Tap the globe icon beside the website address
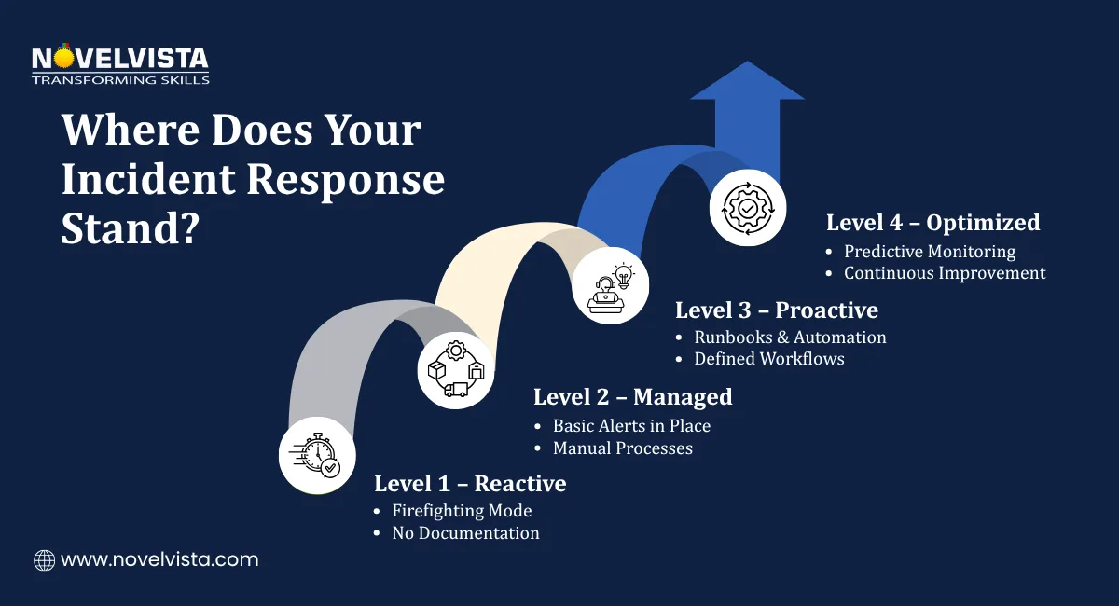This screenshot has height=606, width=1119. [44, 560]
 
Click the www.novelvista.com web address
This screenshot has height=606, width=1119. [159, 560]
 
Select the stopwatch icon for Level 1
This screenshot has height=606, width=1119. [315, 454]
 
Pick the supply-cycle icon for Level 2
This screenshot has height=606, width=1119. [455, 371]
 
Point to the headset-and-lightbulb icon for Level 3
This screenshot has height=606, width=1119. [610, 287]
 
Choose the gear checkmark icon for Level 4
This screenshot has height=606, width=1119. [747, 207]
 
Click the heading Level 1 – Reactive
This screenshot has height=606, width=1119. [470, 484]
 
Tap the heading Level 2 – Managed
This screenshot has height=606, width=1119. [632, 397]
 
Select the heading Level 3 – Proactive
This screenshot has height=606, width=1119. [777, 310]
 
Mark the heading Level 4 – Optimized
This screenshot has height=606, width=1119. [932, 223]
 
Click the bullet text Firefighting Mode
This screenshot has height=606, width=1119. [462, 511]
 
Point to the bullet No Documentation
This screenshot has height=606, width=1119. [465, 533]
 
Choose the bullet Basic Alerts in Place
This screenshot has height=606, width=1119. [631, 426]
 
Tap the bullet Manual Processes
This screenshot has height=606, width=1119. [623, 448]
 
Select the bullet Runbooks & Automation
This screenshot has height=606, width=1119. [790, 337]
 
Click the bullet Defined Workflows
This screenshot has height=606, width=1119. [769, 359]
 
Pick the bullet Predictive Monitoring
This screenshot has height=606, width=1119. [930, 252]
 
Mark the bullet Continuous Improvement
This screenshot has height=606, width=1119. [945, 273]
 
